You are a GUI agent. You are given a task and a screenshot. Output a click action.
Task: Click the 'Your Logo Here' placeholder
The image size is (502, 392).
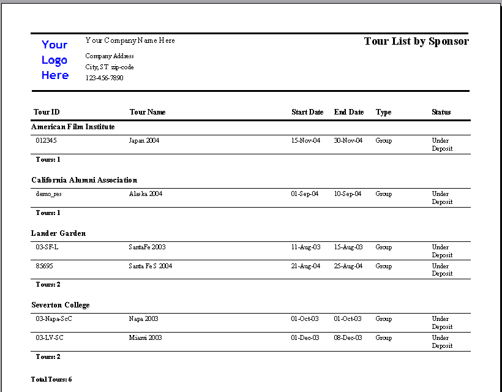(x=55, y=60)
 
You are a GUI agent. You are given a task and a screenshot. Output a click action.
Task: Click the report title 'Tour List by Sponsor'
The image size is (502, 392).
(x=416, y=42)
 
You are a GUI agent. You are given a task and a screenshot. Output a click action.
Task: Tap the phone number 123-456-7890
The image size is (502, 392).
(x=104, y=78)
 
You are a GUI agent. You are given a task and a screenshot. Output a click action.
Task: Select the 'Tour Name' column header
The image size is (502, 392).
(x=148, y=112)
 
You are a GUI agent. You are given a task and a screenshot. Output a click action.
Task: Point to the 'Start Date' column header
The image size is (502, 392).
(x=307, y=112)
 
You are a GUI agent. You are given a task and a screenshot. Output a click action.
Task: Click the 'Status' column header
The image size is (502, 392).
(x=441, y=112)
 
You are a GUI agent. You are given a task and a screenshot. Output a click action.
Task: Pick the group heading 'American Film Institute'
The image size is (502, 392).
(x=73, y=127)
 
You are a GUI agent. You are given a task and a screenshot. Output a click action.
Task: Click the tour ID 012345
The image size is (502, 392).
(x=47, y=141)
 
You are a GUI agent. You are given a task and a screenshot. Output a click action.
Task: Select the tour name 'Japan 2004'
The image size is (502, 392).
(x=144, y=141)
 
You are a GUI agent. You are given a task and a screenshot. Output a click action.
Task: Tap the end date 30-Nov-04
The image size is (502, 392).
(x=348, y=141)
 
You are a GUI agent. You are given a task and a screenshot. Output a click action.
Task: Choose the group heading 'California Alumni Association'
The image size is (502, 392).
(x=84, y=180)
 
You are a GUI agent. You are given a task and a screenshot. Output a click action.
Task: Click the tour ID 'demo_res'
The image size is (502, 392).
(x=49, y=194)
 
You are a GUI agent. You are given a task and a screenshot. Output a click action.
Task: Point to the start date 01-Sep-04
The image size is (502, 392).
(x=305, y=194)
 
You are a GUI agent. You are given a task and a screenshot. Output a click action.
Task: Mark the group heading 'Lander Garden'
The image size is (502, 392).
(x=59, y=233)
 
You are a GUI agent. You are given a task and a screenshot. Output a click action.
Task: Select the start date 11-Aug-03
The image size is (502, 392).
(x=305, y=247)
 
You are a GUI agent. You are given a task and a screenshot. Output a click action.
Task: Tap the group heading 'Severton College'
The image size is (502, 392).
(x=61, y=305)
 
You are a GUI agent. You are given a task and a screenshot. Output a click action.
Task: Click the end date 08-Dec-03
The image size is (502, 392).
(x=348, y=338)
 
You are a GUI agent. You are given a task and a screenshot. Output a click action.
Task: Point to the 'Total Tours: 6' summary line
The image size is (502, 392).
(x=51, y=380)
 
